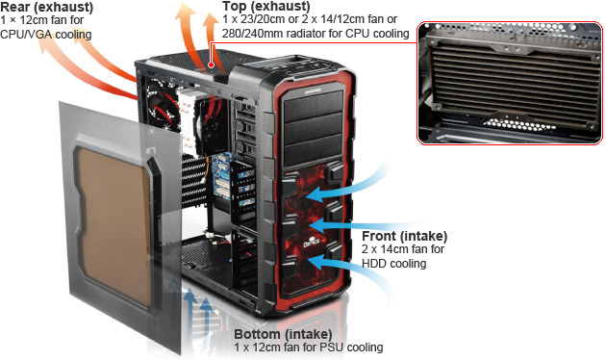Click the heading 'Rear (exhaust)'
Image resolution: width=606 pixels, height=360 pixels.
(46, 7)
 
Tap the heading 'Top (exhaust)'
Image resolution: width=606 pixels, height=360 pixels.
(265, 6)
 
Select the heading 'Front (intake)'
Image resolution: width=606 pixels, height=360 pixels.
(404, 236)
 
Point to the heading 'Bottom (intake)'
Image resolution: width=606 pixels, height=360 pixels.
(283, 334)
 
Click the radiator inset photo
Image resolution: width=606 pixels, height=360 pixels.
(510, 83)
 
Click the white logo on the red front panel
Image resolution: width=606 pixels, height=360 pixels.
(312, 243)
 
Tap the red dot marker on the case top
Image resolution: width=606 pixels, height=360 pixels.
(211, 64)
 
